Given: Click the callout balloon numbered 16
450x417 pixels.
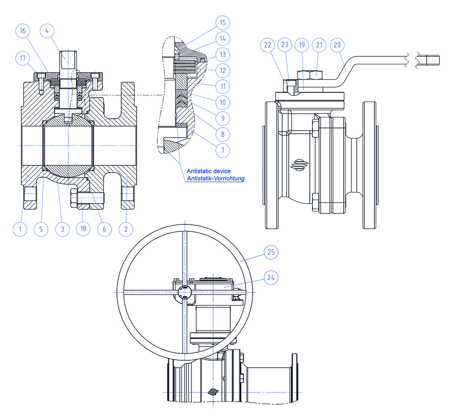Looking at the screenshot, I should coord(22,31).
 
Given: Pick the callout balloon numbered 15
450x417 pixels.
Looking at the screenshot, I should coord(223,22).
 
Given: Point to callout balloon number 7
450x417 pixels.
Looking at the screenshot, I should coord(223,150).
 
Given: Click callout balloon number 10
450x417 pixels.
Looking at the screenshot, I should coord(223,102).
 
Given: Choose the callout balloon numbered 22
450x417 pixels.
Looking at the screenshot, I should coord(268,44).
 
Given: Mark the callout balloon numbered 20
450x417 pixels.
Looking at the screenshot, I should coord(338,44).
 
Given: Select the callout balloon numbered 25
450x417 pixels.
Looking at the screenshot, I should coord(271,252).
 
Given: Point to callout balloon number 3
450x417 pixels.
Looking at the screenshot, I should coord(62,229).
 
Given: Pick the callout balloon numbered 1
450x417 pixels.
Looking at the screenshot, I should coord(19,229).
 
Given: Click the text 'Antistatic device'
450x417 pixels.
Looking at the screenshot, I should coord(208,171).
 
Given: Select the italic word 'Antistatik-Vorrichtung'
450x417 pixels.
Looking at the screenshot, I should coord(215,178).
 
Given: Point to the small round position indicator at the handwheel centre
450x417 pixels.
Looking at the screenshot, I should coord(185,292).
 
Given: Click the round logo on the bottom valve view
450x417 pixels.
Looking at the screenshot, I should coord(214,391).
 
